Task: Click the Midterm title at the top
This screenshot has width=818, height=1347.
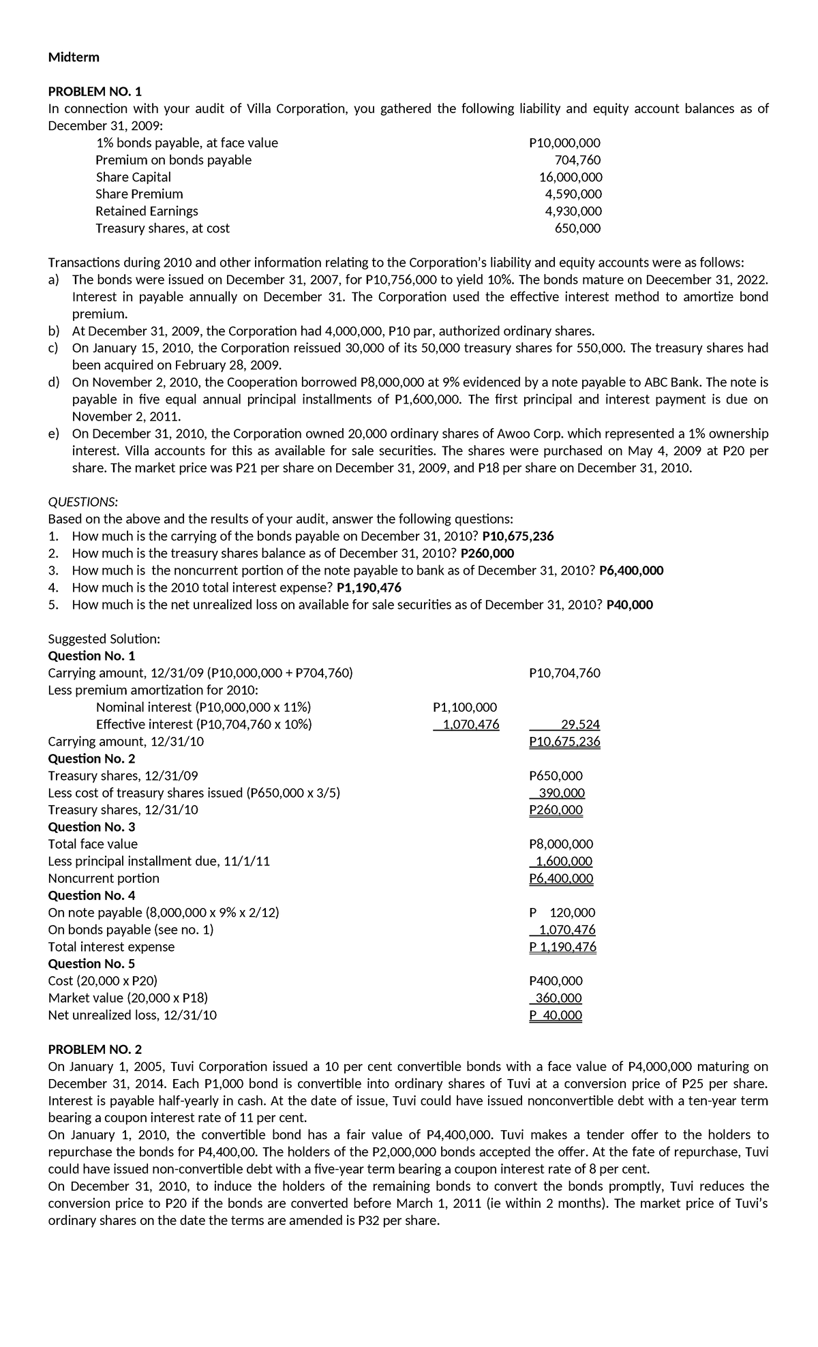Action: [x=74, y=57]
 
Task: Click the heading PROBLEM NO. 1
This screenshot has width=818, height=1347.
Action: [x=95, y=91]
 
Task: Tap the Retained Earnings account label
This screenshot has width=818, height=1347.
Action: [x=147, y=211]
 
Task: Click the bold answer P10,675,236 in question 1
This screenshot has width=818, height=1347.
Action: [x=517, y=536]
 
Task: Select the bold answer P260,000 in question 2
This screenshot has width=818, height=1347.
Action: [x=487, y=554]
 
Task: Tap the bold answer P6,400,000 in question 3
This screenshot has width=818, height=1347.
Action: [x=631, y=571]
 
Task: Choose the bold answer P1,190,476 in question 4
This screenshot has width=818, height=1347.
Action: [x=369, y=588]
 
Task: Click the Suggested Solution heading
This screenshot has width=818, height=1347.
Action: [x=104, y=639]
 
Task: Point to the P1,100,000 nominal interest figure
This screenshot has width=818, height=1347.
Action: [x=465, y=708]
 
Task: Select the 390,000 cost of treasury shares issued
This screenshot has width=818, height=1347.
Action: [x=561, y=793]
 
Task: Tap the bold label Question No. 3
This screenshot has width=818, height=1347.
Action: [x=91, y=827]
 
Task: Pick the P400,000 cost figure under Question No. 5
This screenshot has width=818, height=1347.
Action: [x=556, y=981]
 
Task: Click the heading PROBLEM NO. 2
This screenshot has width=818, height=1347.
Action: [x=95, y=1049]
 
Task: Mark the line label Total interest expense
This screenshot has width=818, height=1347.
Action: [x=111, y=947]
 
